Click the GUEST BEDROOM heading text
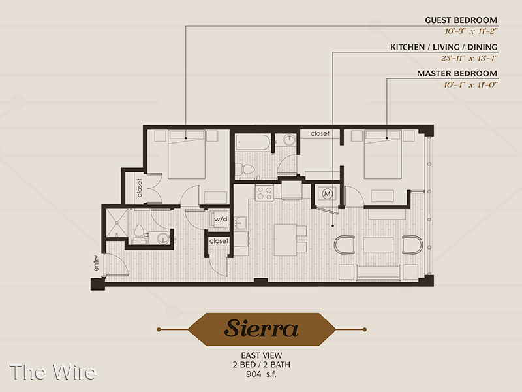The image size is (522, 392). pos(461,20)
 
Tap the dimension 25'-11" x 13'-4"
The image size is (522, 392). pos(469,58)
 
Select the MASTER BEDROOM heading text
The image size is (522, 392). pos(457,73)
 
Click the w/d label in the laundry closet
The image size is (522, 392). pos(221,219)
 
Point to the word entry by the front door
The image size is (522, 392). pos(96,263)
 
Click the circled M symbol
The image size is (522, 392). pos(328,193)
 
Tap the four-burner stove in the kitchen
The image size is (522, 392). pos(264,192)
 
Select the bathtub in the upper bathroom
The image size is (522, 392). pos(253,142)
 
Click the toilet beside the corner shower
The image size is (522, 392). pos(138,234)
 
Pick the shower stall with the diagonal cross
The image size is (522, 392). pos(117,223)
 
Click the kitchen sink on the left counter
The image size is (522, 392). pos(240,223)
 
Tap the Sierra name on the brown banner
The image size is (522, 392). pos(262,329)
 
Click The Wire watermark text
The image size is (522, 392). pos(53,372)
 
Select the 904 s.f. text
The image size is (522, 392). pos(262,374)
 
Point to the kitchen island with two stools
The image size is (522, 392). pos(285,240)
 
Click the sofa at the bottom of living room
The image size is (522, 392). pos(378,272)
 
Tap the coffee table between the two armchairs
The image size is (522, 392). pos(378,244)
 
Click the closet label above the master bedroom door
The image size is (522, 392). pos(320,133)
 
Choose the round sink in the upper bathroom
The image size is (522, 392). pos(289,140)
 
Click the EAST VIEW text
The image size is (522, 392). pos(262,355)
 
